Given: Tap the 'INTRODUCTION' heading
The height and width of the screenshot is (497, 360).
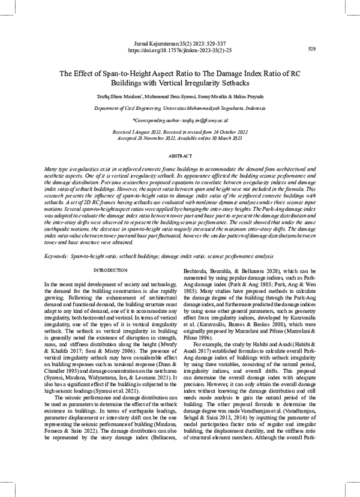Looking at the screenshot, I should click(110, 288).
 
